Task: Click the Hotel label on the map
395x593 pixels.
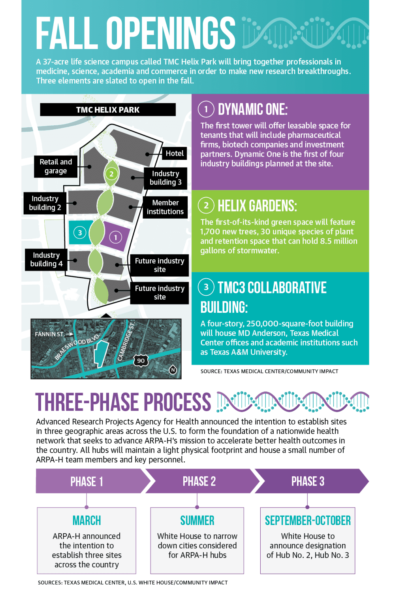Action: coord(175,153)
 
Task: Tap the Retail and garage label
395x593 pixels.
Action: coord(56,166)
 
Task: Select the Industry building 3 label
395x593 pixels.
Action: coord(166,178)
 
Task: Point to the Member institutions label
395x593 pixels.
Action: coord(165,207)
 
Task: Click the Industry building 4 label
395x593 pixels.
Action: coord(46,259)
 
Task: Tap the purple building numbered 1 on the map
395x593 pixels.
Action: coord(116,236)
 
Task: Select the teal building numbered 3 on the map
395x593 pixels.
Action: coord(80,232)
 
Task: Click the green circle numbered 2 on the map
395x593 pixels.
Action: coord(111,174)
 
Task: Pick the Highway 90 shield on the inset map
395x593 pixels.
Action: coord(141,361)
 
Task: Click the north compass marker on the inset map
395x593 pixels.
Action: coord(173,370)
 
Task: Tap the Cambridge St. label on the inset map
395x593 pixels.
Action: coord(126,342)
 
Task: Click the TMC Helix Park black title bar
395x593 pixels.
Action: coord(108,110)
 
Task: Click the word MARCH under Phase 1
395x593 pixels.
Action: coord(87,521)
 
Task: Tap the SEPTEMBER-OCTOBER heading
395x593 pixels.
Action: coord(308,521)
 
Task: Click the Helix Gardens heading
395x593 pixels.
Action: coord(257,206)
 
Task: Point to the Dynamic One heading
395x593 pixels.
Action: coord(253,110)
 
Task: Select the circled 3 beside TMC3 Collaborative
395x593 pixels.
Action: coord(206,287)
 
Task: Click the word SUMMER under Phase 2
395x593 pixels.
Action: coord(197,521)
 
